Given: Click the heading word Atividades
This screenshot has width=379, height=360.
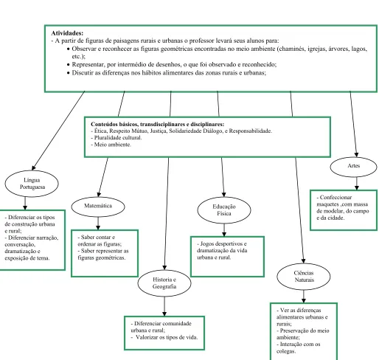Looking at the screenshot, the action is click(67, 33).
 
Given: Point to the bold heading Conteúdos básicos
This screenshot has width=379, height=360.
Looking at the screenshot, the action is click(158, 124).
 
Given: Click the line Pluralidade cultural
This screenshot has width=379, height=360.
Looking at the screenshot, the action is click(117, 138).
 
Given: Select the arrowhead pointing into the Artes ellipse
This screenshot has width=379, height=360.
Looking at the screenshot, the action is click(356, 155).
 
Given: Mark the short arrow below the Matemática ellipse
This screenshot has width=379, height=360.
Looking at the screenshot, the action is click(98, 224).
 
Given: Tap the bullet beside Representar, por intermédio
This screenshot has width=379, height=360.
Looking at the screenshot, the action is click(69, 65).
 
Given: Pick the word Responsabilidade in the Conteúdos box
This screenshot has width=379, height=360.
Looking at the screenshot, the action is click(251, 131).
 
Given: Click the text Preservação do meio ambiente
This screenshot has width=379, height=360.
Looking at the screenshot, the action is click(303, 334).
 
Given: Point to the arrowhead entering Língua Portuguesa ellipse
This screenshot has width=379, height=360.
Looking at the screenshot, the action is click(34, 168).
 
